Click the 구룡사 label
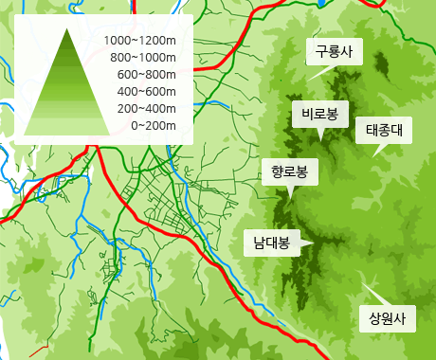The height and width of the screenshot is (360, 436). point(333,51)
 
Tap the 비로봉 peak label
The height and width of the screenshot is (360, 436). point(319,115)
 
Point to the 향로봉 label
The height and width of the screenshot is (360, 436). point(289,171)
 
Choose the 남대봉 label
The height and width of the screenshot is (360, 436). point(270,243)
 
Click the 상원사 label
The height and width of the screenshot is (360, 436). point(387,317)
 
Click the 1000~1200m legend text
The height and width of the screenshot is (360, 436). point(140,41)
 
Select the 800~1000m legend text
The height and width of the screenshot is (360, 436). point(143,58)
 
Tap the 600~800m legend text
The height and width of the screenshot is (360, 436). point(147,75)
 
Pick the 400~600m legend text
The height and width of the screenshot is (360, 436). point(147,91)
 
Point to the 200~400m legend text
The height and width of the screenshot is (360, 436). point(147,108)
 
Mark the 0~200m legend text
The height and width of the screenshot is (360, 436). point(153,125)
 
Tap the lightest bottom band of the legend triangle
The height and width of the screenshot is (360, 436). point(67,129)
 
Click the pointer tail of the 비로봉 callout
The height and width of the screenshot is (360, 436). point(321,135)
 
